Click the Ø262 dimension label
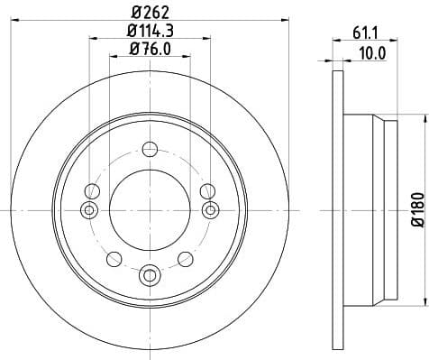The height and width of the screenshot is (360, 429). [150, 13]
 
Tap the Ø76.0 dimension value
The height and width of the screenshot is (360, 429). [150, 51]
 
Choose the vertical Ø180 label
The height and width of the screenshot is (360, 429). [417, 209]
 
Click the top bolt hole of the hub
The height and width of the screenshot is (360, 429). [150, 148]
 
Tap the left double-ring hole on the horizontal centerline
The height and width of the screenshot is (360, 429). [89, 210]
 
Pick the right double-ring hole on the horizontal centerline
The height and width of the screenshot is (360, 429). [210, 210]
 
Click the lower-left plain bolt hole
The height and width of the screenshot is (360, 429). [114, 259]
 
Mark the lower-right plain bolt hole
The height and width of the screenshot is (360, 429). [186, 259]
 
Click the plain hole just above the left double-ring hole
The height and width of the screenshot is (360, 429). [91, 190]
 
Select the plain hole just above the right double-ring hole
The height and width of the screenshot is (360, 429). [208, 190]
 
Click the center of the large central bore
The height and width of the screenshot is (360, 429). [150, 209]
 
